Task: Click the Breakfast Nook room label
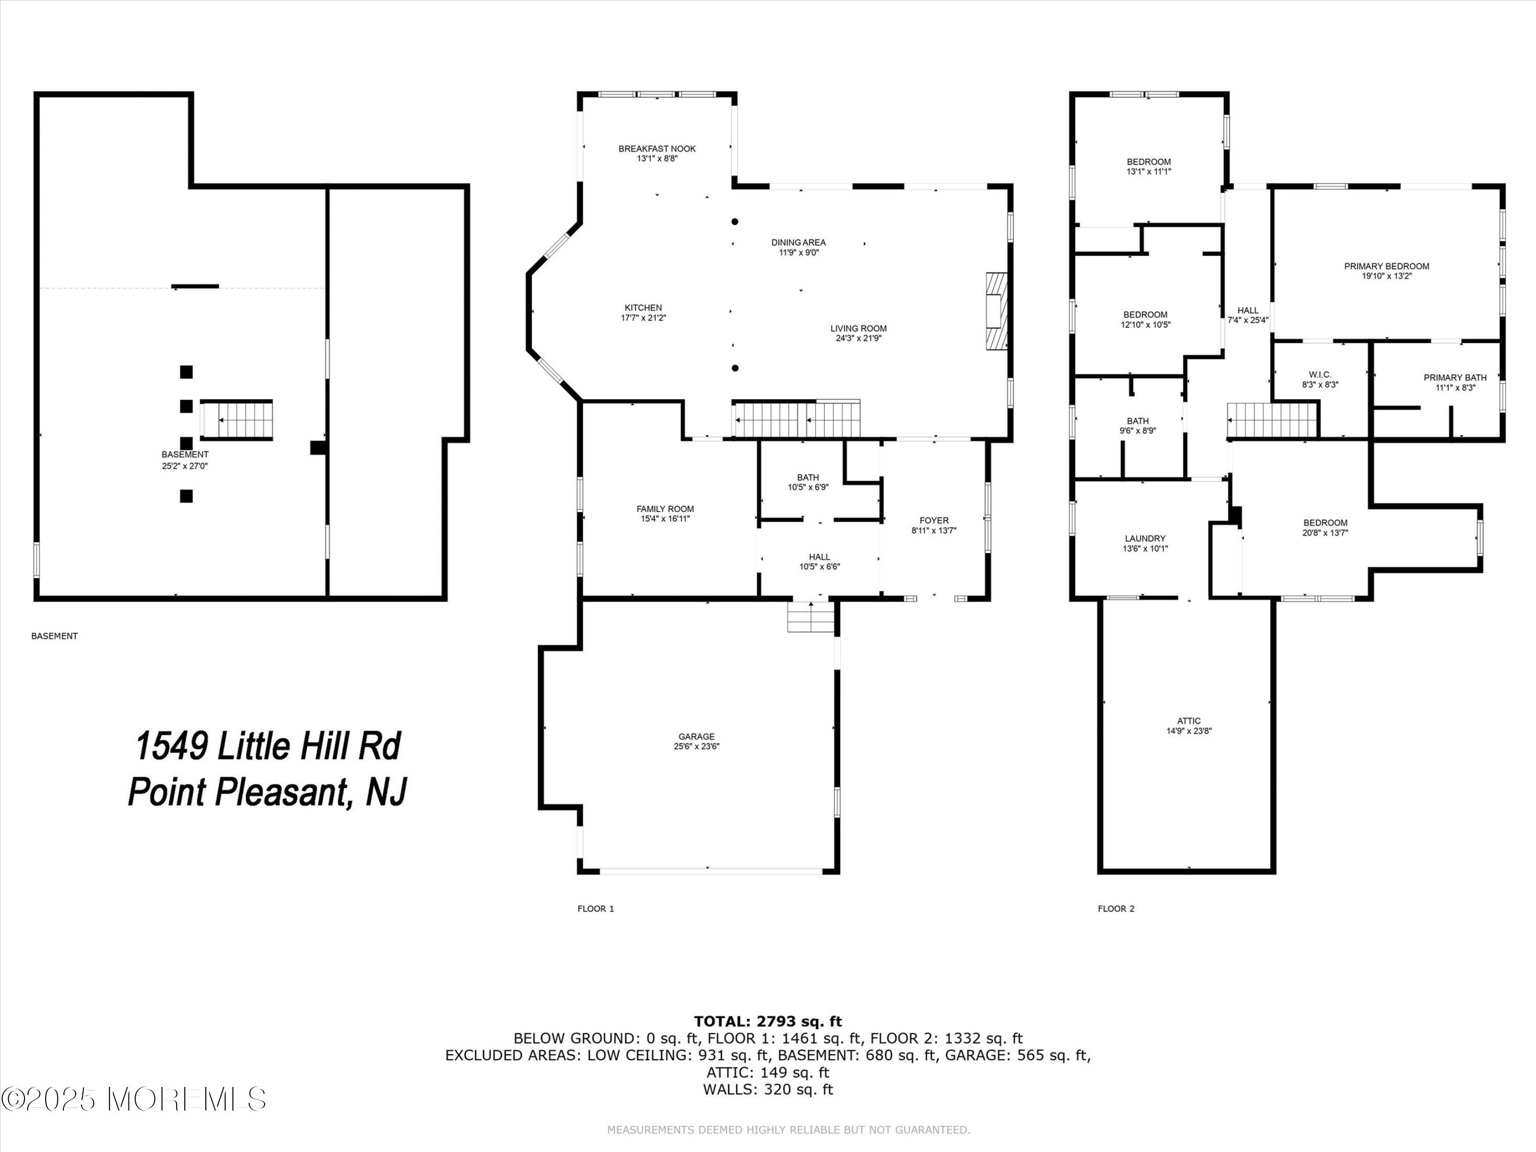[x=657, y=148]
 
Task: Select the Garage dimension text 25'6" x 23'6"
[x=696, y=746]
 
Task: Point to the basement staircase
[x=237, y=420]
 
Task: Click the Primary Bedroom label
[x=1386, y=266]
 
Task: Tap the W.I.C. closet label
[x=1319, y=375]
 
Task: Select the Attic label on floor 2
[x=1189, y=721]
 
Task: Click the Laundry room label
[x=1145, y=538]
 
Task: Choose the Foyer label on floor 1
[x=934, y=520]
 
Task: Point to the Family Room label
[x=665, y=509]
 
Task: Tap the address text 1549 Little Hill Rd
[x=267, y=746]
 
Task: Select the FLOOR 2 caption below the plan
[x=1116, y=908]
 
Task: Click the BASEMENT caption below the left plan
[x=54, y=636]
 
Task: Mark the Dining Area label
[x=799, y=242]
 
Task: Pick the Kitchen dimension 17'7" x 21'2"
[x=643, y=318]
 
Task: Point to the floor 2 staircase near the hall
[x=1272, y=421]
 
